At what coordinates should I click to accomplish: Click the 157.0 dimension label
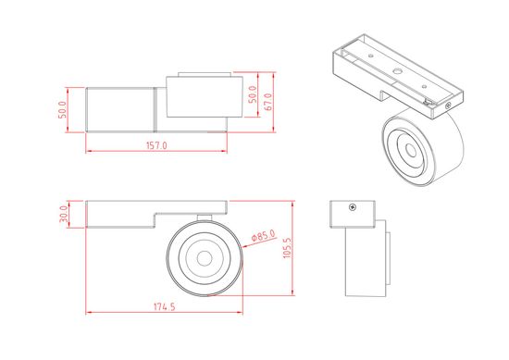tap(156, 145)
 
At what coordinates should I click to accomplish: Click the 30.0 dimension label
tap(64, 214)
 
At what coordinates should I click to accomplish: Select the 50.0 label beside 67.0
tap(252, 96)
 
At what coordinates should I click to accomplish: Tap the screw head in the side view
tap(353, 207)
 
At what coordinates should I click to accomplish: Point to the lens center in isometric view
tap(407, 148)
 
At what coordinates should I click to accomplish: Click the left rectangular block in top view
tap(119, 110)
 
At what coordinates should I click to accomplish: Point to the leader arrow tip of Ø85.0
tap(242, 244)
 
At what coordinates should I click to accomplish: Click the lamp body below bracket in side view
tap(364, 264)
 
